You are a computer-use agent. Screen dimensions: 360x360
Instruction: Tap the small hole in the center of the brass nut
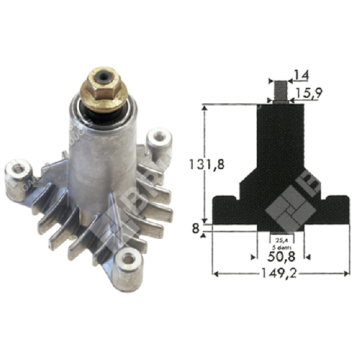pos(103,77)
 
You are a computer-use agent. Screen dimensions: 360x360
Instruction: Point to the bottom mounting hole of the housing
pos(128,259)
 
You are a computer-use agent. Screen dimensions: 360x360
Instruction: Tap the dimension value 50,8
pos(281,256)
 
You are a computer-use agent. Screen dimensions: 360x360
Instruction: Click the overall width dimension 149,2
pos(283,277)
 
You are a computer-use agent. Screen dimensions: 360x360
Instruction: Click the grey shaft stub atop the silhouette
pos(280,91)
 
